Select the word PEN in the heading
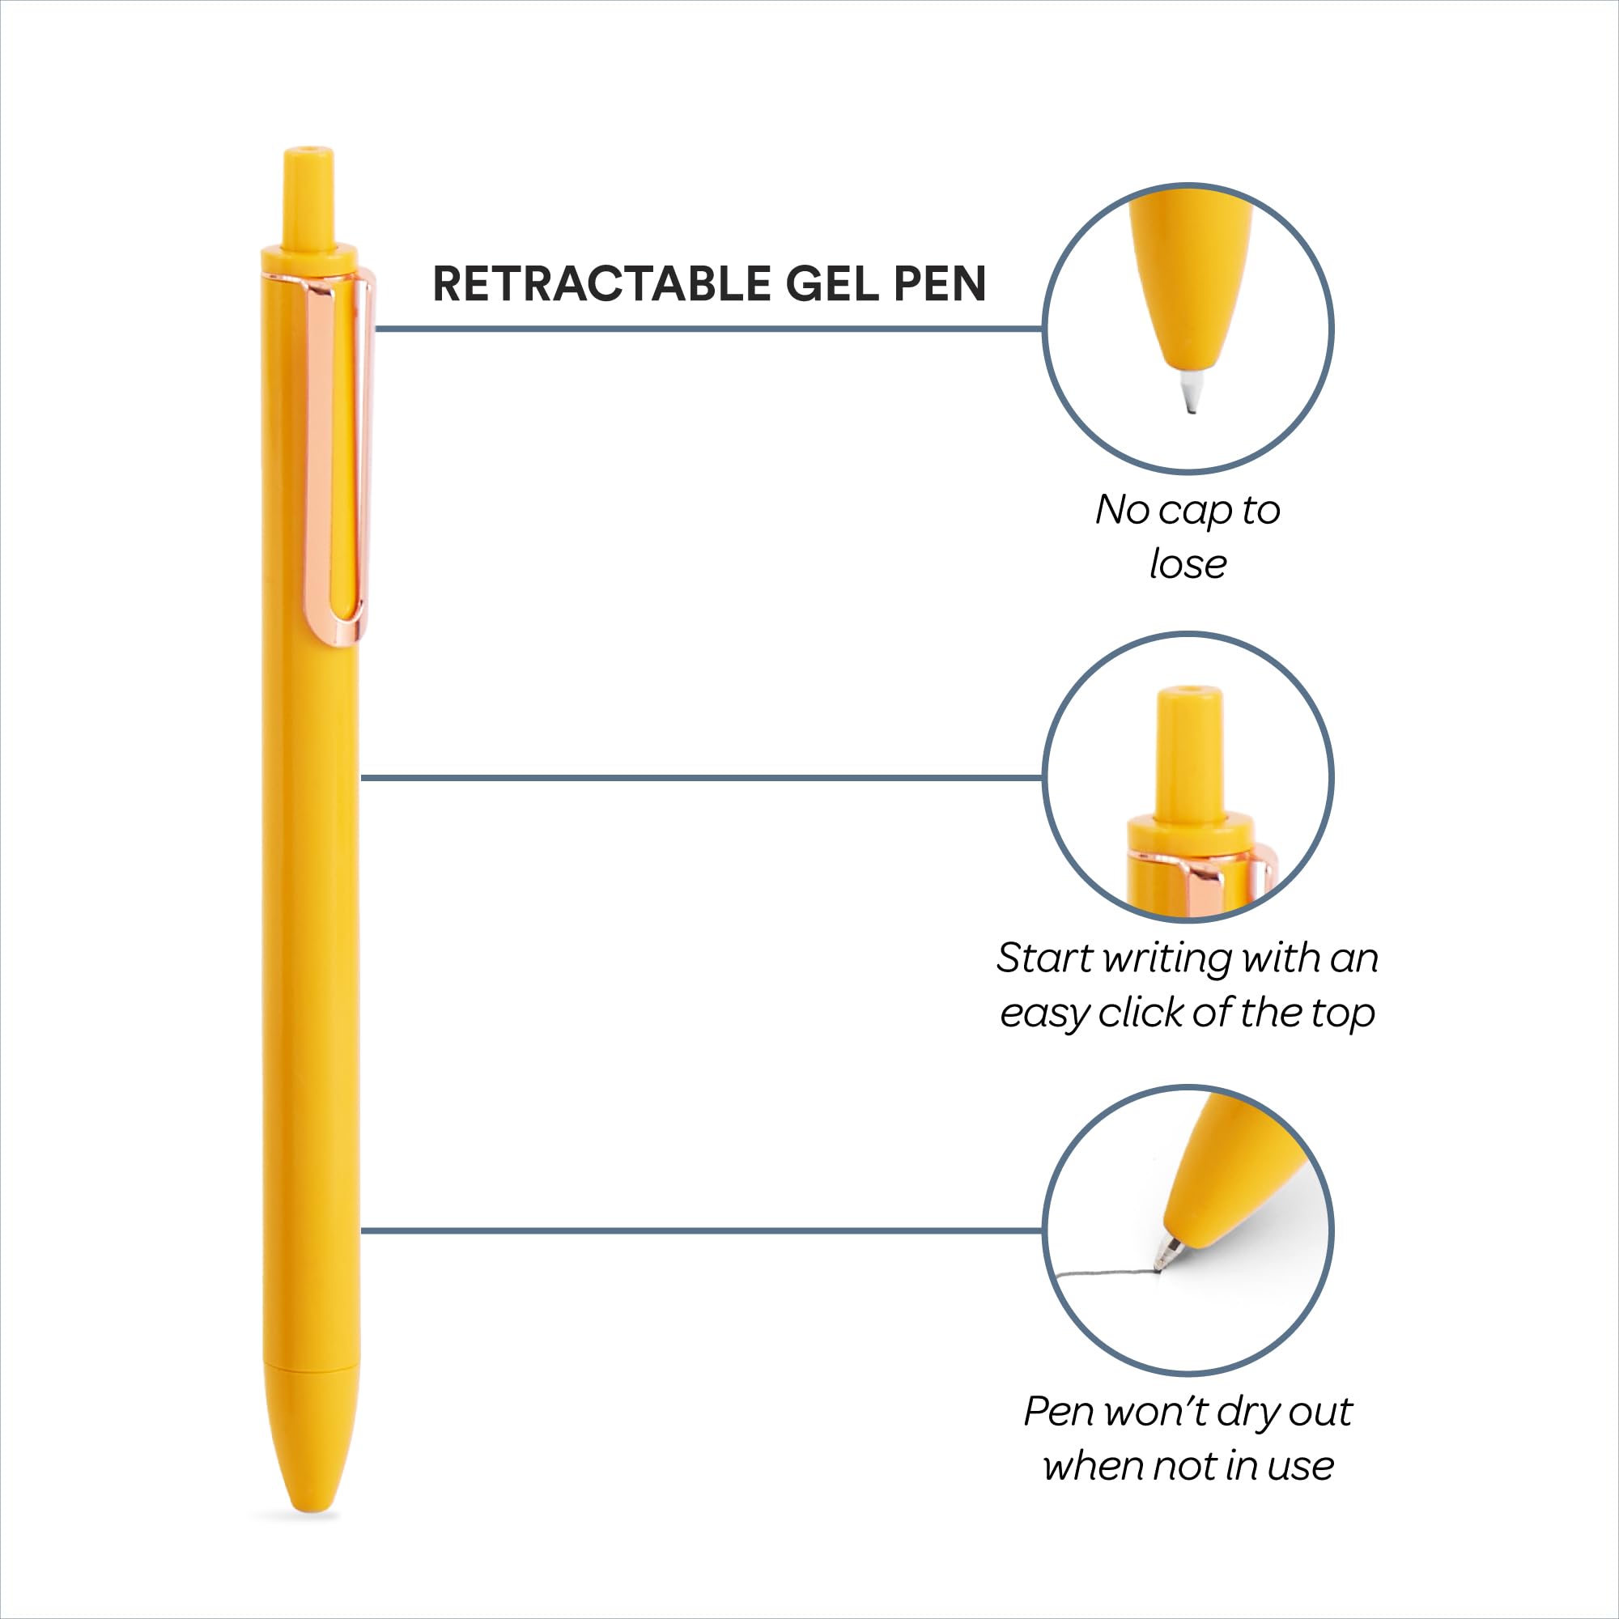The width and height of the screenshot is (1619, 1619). (x=939, y=284)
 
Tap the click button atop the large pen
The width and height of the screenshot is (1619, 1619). (x=309, y=197)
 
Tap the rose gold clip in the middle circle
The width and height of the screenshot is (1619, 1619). (x=1207, y=877)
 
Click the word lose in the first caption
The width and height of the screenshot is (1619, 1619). (x=1188, y=565)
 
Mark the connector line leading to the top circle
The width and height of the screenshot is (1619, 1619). (x=708, y=329)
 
